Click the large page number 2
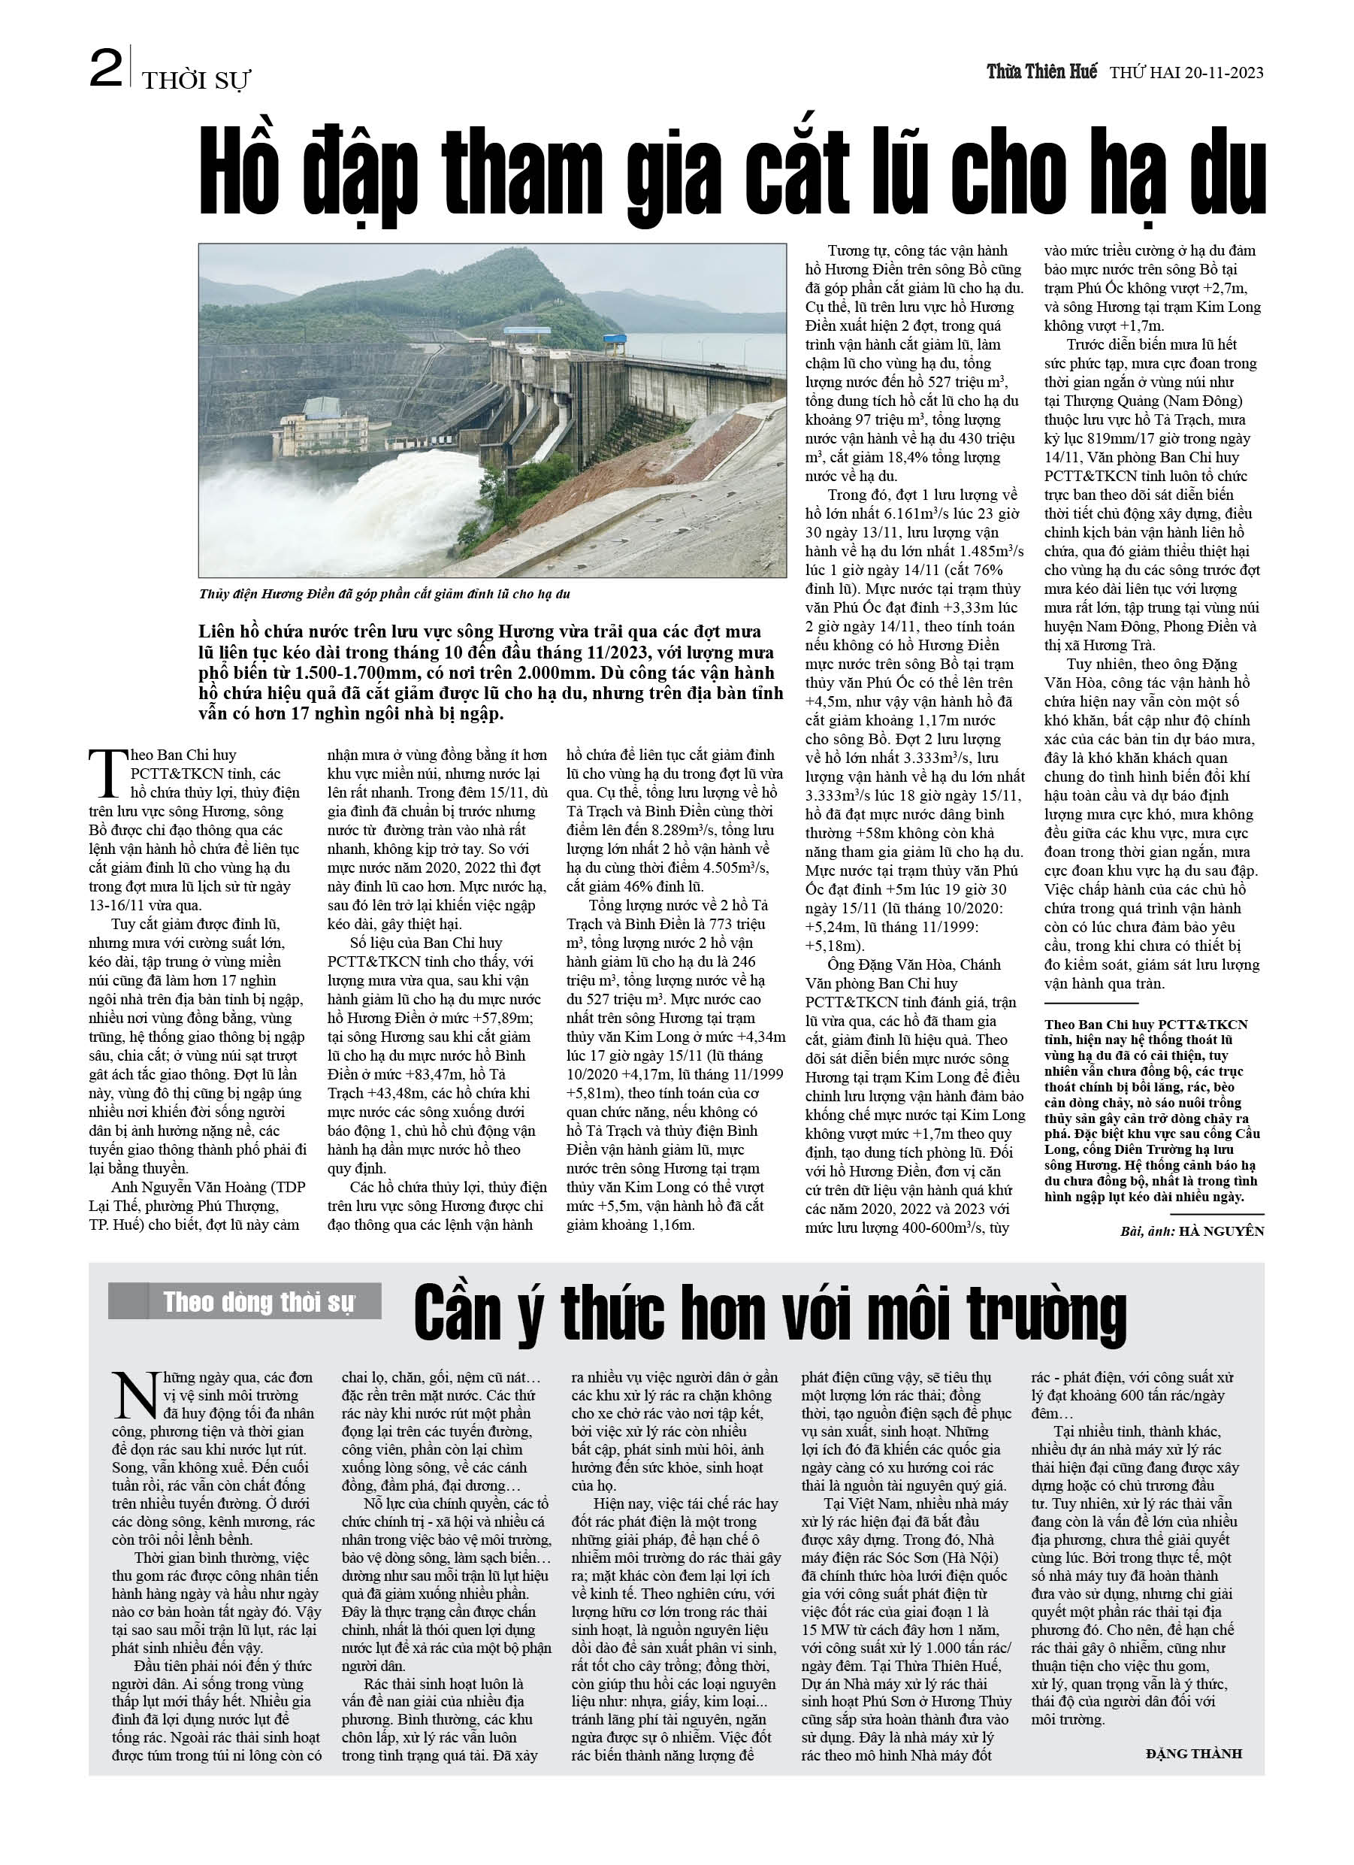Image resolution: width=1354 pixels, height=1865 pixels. (106, 68)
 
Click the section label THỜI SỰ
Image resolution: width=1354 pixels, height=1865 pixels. (195, 80)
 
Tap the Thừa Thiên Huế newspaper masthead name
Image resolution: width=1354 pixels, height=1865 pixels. (1041, 71)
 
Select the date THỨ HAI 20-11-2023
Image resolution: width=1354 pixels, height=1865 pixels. (1186, 72)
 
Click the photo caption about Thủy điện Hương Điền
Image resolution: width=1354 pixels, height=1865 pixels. (384, 594)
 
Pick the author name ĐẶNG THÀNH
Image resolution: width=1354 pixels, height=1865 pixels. (1194, 1753)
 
